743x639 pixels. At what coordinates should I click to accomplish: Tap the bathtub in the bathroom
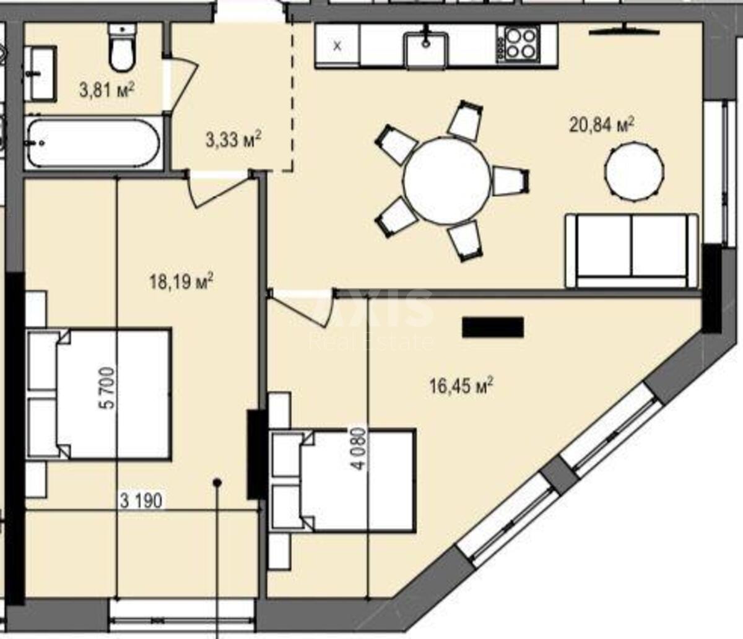point(94,143)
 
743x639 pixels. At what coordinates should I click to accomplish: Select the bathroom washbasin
point(41,73)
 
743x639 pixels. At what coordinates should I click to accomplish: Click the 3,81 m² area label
point(107,90)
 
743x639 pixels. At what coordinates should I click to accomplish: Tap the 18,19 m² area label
point(181,283)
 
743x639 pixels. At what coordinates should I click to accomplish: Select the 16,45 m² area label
point(461,386)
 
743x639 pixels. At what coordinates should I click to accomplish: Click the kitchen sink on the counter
point(427,48)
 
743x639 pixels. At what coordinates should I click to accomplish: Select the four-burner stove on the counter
point(519,44)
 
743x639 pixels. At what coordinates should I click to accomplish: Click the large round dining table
point(446,180)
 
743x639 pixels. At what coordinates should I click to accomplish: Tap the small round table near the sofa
point(635,171)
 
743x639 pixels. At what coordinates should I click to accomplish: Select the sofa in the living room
point(632,250)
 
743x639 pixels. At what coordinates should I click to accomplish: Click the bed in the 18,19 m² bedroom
point(99,394)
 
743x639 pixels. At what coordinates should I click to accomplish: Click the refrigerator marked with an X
point(337,45)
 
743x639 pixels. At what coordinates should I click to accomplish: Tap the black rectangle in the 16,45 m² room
point(493,327)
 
